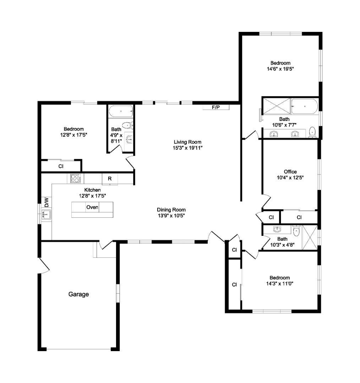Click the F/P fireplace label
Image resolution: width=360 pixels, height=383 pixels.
point(216,107)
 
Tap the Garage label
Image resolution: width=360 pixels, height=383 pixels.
point(78,294)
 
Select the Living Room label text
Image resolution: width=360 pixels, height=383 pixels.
point(187,142)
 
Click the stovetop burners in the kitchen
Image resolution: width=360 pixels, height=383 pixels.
point(75,178)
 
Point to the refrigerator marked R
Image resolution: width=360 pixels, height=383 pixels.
point(110,179)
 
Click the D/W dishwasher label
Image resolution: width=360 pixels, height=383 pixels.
point(47,202)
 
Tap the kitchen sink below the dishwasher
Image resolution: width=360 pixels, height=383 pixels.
point(46,215)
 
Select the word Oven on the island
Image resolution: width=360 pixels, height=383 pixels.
point(92,207)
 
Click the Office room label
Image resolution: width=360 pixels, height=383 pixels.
point(290,172)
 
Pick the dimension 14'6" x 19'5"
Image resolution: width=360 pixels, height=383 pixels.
point(280,69)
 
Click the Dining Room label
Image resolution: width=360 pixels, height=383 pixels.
point(171,210)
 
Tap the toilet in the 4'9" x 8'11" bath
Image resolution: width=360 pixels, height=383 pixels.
point(127,126)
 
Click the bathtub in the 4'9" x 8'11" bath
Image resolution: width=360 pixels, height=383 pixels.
point(121,111)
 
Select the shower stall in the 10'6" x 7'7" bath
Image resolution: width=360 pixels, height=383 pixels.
point(277,106)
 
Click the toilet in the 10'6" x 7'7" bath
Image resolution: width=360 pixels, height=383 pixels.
point(312,132)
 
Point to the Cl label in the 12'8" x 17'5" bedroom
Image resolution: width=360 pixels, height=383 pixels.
point(61,166)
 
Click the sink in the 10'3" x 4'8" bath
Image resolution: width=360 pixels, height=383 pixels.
point(277,229)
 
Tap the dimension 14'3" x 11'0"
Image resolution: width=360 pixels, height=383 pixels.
point(280,284)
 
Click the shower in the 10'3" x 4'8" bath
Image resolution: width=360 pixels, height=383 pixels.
point(310,238)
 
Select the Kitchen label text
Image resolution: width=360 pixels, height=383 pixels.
point(92,190)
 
